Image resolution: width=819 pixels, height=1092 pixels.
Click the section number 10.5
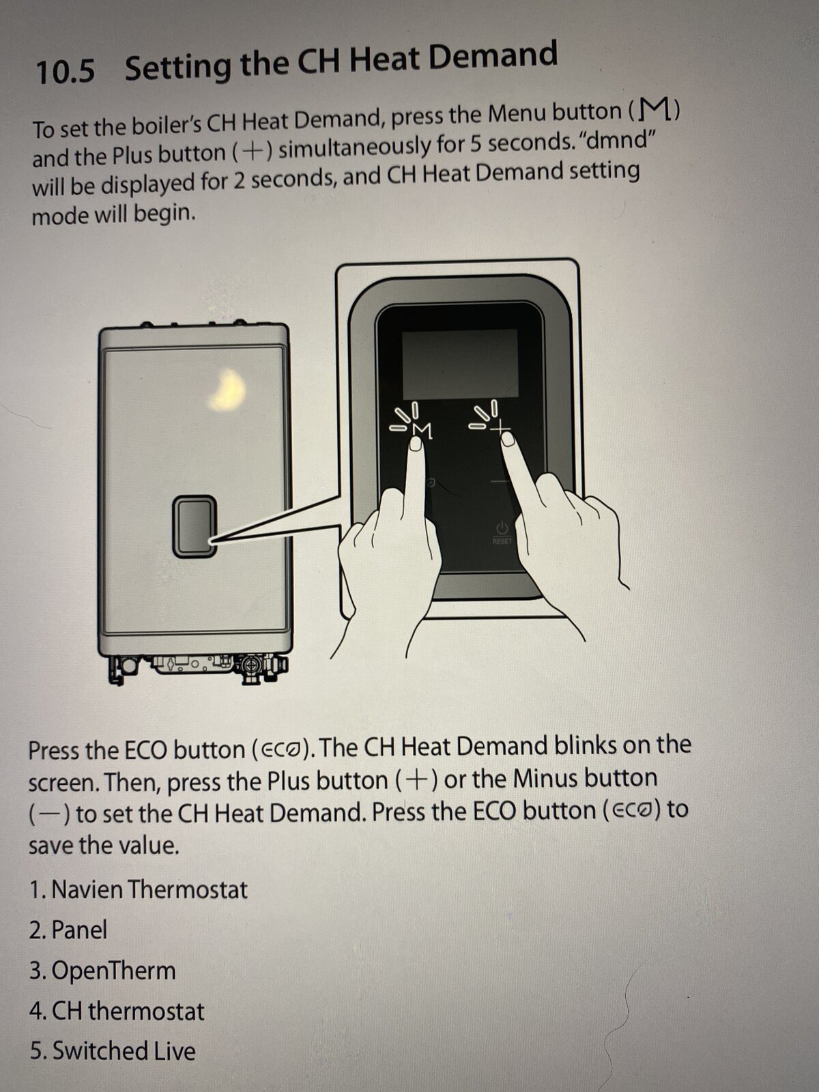[65, 71]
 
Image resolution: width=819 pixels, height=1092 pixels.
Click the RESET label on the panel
[502, 541]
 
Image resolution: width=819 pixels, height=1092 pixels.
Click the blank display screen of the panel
[460, 363]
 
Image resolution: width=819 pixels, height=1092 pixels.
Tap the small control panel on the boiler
[195, 526]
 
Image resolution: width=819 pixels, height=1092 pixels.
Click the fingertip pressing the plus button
[507, 439]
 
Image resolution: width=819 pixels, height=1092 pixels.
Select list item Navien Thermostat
[139, 890]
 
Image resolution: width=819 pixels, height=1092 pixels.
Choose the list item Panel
[68, 930]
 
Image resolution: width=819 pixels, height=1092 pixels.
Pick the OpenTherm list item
[102, 971]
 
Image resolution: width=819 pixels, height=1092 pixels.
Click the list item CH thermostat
[117, 1011]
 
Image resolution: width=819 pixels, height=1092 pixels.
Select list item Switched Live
[113, 1051]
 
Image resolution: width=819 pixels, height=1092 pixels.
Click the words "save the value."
[104, 845]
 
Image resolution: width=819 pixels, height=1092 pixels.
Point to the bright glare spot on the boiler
[227, 390]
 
